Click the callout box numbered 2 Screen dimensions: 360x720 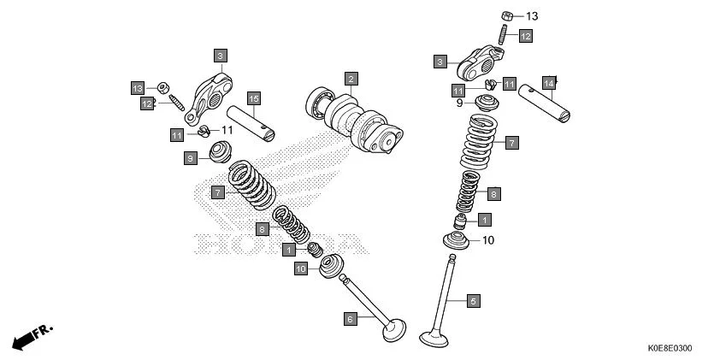tap(351, 80)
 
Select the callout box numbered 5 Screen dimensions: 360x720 tap(472, 300)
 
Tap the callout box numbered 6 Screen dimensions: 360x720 tap(350, 318)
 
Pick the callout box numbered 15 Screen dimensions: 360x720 tap(253, 98)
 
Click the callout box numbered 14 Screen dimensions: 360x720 tap(548, 83)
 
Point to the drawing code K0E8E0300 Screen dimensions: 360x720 tap(670, 349)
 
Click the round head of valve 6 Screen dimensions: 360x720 tap(394, 328)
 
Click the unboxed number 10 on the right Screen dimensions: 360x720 tap(488, 240)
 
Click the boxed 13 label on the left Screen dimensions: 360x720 tap(137, 88)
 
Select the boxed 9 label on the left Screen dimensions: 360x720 tap(192, 158)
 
